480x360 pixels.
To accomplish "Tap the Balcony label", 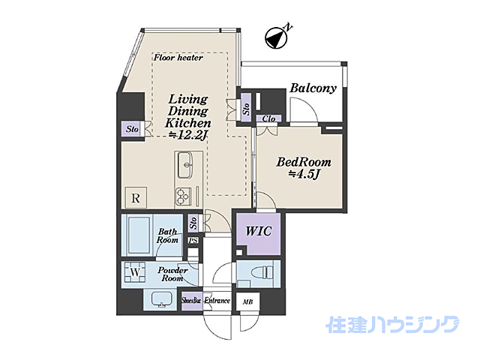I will pos(313,88).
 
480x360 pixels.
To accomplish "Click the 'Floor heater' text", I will pos(178,57).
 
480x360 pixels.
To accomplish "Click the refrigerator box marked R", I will pos(136,199).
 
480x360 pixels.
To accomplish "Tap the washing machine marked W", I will pos(136,271).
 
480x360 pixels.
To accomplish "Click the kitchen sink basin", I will pos(186,162).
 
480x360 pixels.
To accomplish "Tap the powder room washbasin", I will pos(161,299).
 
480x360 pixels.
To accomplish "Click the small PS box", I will pos(193,241).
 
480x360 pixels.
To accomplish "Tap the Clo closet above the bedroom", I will pos(268,118).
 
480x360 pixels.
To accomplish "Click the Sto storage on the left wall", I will pos(133,130).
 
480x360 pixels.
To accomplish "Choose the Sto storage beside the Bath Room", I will pos(193,223).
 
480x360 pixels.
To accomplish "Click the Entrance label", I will pos(217,301).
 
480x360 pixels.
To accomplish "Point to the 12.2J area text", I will pos(188,134).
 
